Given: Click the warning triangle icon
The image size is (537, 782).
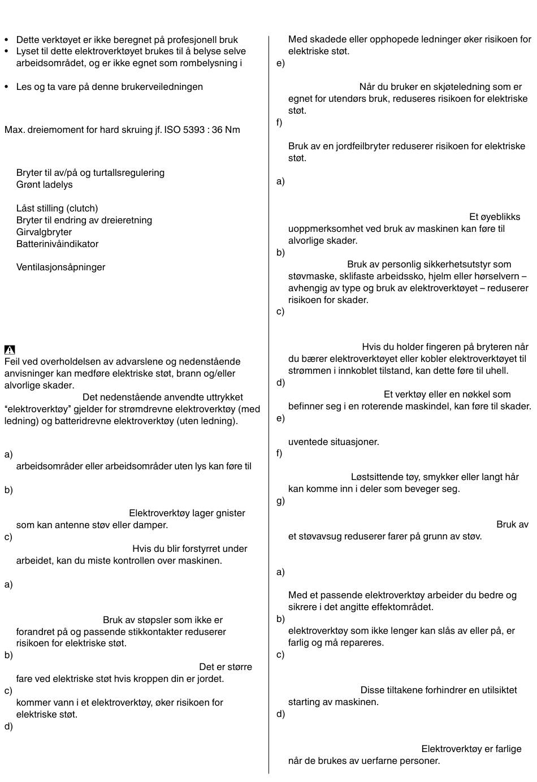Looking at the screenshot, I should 10,349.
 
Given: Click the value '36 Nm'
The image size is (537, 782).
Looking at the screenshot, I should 224,129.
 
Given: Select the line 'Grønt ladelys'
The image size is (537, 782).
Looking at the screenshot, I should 44,184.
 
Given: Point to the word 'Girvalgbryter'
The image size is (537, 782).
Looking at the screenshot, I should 44,232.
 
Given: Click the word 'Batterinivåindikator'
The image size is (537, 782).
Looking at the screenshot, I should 57,244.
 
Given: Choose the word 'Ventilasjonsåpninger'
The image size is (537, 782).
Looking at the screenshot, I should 60,267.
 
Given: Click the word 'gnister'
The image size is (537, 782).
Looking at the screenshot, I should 231,513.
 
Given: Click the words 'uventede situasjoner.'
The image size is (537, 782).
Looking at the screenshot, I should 334,442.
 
